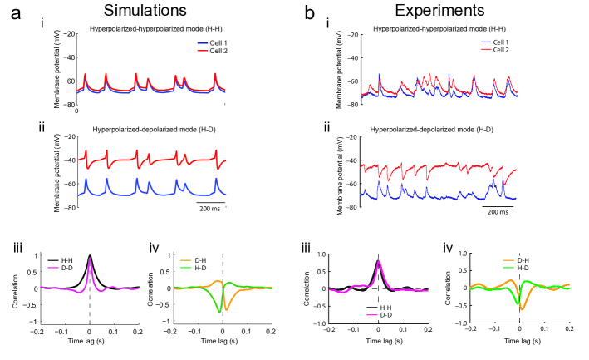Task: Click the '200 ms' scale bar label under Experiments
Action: [x=498, y=211]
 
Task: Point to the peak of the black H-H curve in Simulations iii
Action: [x=90, y=255]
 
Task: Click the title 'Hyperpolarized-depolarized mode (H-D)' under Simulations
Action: [x=151, y=131]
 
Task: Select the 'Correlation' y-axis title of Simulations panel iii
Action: [x=16, y=288]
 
